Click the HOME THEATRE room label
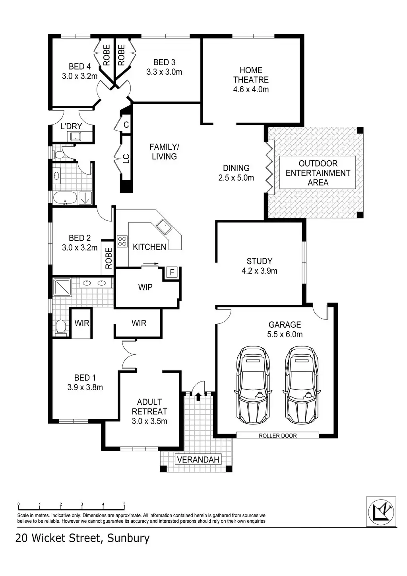coord(251,80)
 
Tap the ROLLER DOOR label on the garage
coord(277,436)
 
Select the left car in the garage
coord(253,385)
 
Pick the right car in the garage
coord(302,385)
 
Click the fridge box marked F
coord(172,272)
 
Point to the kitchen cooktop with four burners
coord(122,241)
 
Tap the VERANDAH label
coord(198,460)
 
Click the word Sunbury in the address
coord(128,538)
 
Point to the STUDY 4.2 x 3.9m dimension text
coord(259,271)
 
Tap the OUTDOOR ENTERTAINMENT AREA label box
coord(318,173)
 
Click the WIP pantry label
coord(145,287)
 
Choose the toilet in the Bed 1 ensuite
coord(60,327)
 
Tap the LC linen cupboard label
coord(126,159)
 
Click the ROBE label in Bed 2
coord(108,257)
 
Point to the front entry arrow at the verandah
coord(198,395)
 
